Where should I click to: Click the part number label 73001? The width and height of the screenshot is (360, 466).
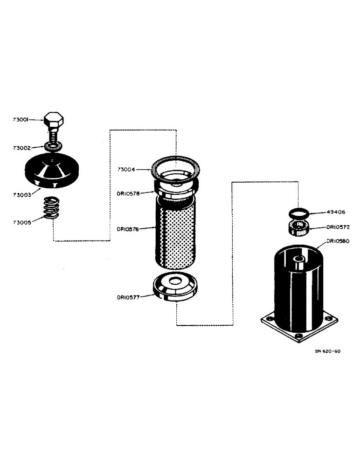point(21,120)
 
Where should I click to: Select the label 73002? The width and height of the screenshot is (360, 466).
point(21,148)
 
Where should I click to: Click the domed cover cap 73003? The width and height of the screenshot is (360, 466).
point(53,170)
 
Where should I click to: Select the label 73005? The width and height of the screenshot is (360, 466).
point(21,223)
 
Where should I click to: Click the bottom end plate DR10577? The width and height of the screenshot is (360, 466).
point(175,288)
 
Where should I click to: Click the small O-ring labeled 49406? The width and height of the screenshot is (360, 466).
point(297,213)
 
